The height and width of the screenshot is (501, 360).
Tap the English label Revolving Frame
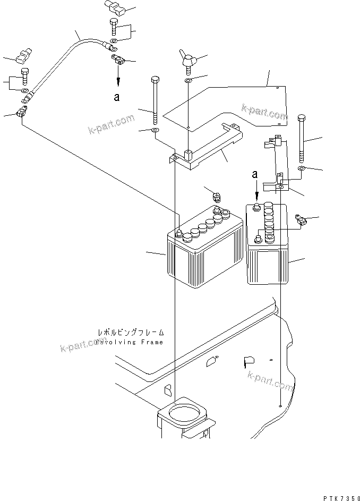(x=130, y=342)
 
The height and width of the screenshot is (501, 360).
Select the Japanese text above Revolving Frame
(x=131, y=333)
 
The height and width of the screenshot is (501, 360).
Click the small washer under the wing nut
(x=189, y=80)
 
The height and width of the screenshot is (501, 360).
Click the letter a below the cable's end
(x=117, y=97)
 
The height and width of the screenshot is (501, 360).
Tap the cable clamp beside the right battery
(x=300, y=219)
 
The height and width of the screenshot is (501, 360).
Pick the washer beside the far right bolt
(x=301, y=168)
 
